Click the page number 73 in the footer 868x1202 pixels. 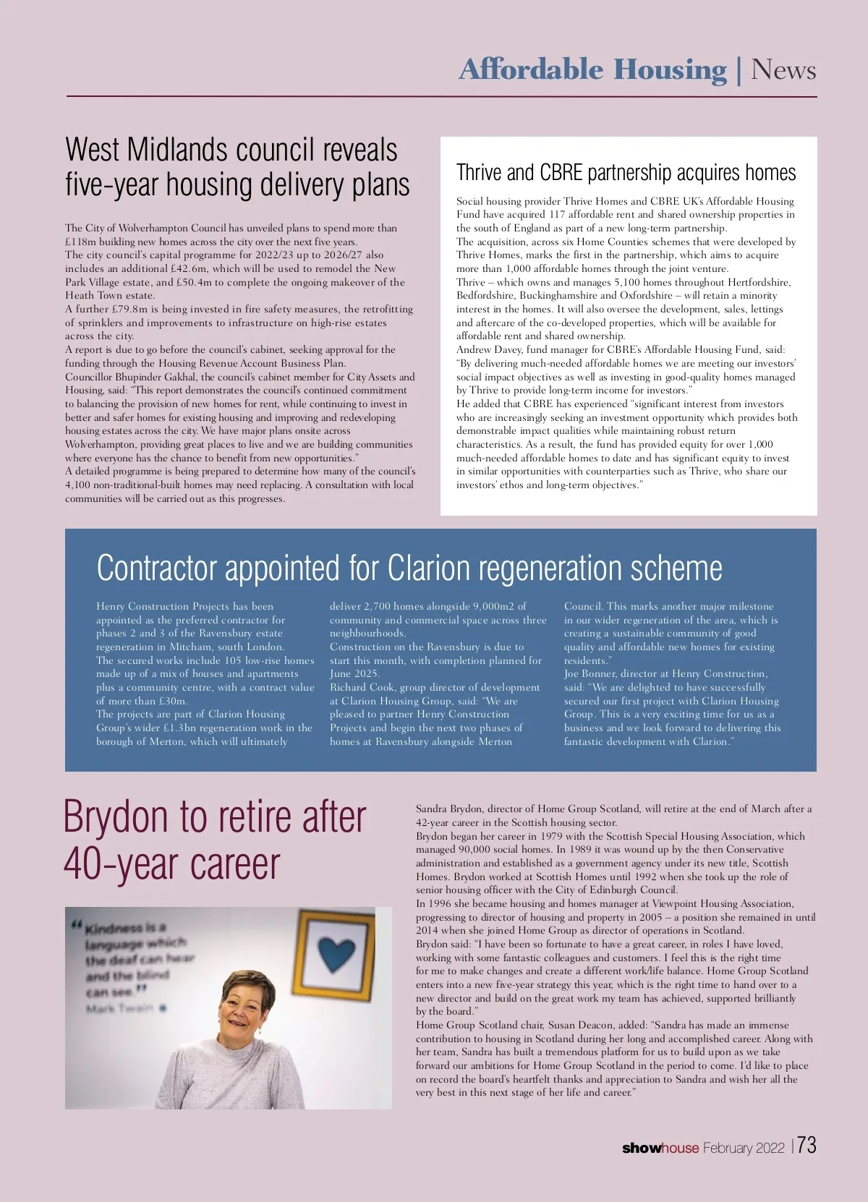(807, 1146)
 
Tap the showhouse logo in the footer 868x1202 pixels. (660, 1148)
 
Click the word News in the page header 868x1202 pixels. (783, 70)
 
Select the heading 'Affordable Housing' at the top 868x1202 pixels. (592, 70)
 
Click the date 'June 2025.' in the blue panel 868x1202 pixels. (354, 674)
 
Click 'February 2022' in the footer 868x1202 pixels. (744, 1148)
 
